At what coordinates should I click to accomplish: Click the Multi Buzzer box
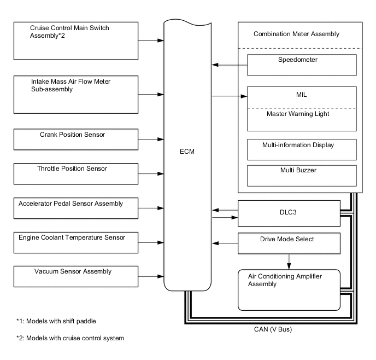tap(302, 175)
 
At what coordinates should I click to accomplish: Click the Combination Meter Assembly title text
tap(296, 34)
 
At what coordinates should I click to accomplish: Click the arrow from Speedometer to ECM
tap(229, 65)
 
